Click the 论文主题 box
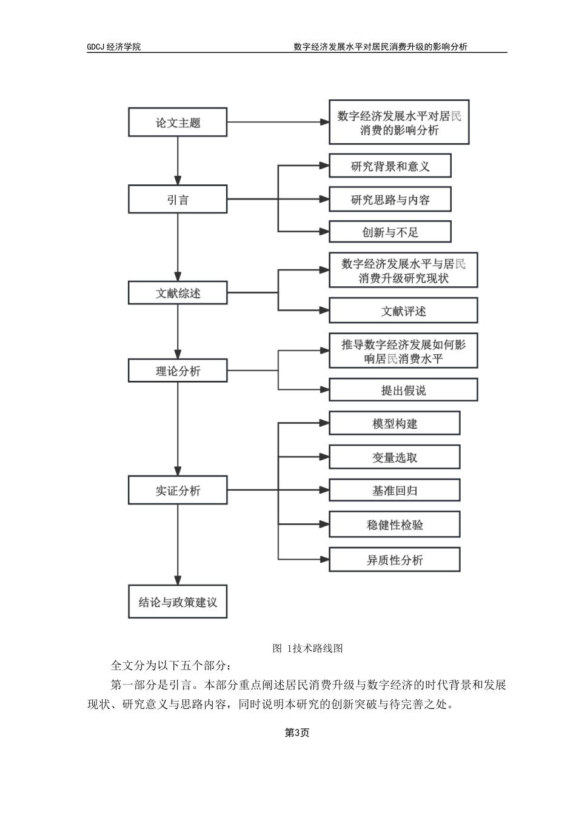[x=178, y=122]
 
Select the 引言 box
[x=178, y=200]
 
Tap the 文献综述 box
[x=178, y=293]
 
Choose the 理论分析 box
[x=178, y=371]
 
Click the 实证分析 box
[x=178, y=490]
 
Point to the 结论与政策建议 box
[x=178, y=602]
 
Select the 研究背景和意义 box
[x=390, y=166]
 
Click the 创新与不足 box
[x=390, y=232]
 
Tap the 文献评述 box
[x=403, y=310]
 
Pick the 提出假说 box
[x=403, y=390]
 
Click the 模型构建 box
[x=394, y=423]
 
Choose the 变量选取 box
[x=394, y=457]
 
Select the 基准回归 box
[x=394, y=490]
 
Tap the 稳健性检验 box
[x=394, y=525]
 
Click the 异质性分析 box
[x=394, y=559]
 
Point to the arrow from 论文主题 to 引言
[x=178, y=161]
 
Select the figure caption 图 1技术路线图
[x=308, y=648]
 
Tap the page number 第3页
[x=297, y=733]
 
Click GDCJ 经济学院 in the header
[x=114, y=47]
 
